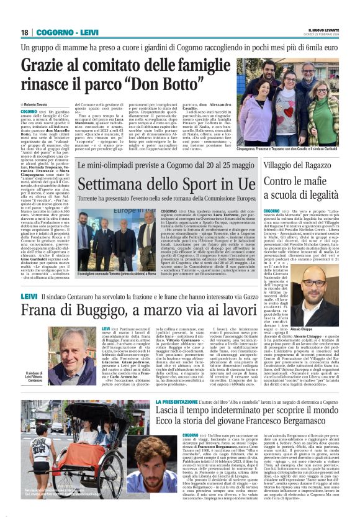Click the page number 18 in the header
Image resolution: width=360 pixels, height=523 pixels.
[25, 32]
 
